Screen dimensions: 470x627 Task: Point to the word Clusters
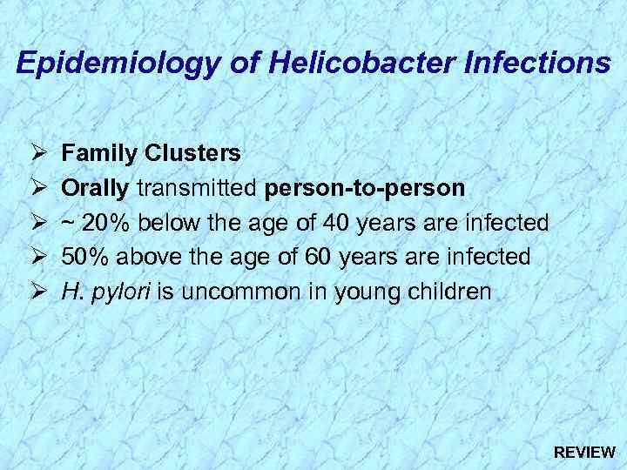coord(194,153)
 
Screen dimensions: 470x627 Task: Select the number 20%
coord(106,223)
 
